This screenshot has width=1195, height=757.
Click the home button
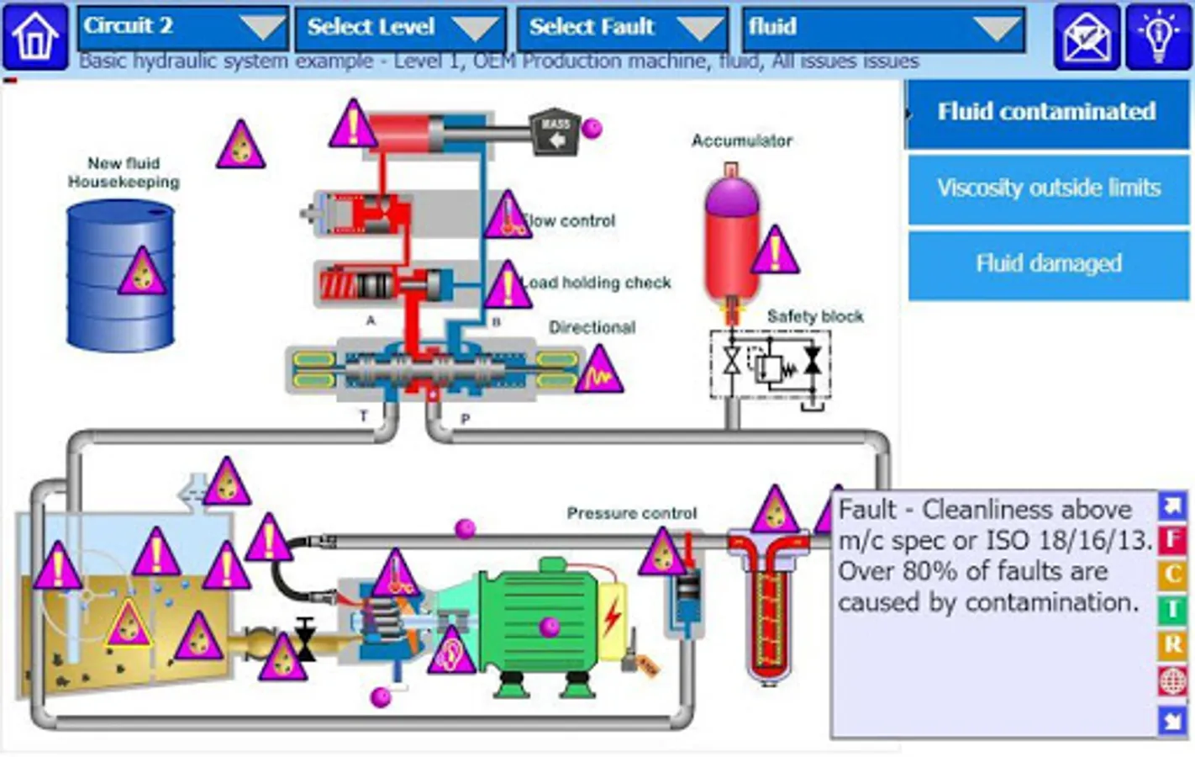coord(35,36)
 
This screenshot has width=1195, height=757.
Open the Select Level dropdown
coord(400,27)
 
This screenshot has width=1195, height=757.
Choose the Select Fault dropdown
coord(622,27)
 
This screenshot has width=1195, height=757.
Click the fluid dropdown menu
coord(883,27)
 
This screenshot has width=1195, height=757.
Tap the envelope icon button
coord(1087,36)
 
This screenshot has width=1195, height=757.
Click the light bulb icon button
coord(1158,36)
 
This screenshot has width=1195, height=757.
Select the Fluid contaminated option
coord(1046,112)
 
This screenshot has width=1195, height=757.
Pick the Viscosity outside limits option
coord(1048,188)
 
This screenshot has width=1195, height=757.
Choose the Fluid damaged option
coord(1048,263)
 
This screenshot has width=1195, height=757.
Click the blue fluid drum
coord(121,278)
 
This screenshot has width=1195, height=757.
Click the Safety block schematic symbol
coord(771,363)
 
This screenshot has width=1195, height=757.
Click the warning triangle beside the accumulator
coord(775,250)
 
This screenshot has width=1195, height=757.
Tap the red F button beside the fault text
coord(1172,538)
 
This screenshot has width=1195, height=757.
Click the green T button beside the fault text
coord(1172,609)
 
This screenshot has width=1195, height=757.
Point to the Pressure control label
coord(631,513)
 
